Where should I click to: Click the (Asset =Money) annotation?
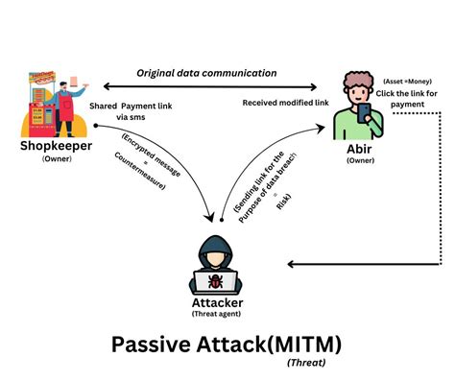tap(406, 83)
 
